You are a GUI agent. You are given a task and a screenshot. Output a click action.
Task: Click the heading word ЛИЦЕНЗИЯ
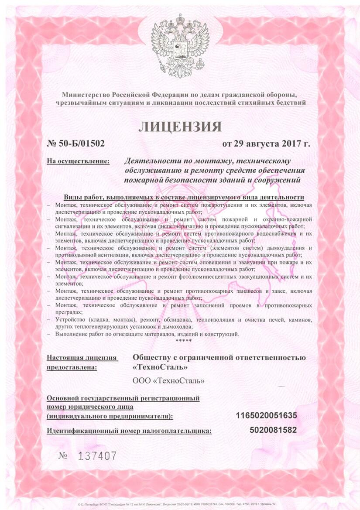click(x=180, y=126)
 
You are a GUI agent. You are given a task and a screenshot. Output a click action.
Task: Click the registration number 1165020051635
click(x=266, y=415)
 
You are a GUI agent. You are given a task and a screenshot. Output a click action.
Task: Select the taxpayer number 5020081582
click(x=273, y=430)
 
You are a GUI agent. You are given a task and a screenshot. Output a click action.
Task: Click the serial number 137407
click(x=97, y=456)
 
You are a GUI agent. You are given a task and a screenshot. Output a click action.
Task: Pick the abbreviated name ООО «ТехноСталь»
click(x=168, y=381)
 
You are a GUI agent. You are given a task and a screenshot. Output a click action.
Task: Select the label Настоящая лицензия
click(x=82, y=358)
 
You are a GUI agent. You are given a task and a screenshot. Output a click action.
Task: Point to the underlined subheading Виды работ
click(x=183, y=197)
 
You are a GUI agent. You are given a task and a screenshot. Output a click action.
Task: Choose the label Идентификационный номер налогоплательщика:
click(x=129, y=431)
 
